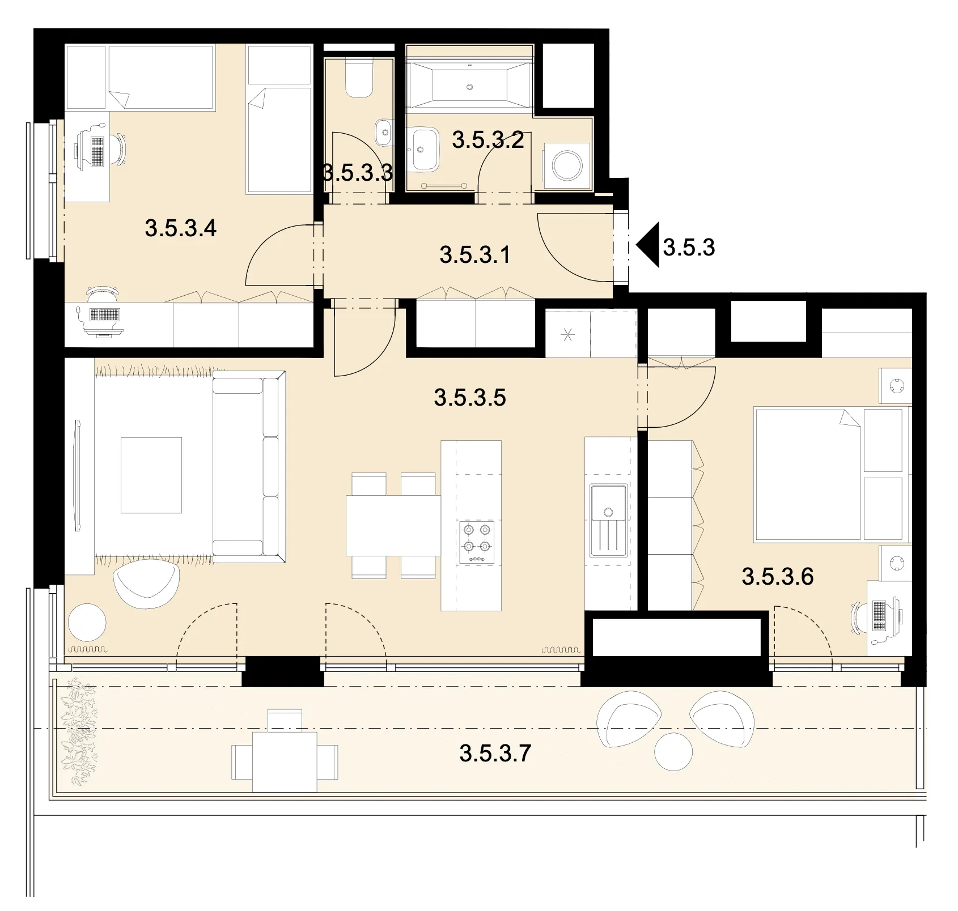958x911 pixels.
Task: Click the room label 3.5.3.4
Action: coord(181,228)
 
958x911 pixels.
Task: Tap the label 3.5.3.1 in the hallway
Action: coord(474,255)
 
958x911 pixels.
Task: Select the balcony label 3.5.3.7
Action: coord(495,754)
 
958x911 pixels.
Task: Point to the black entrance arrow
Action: coord(647,245)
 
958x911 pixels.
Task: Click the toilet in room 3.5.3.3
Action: coord(359,79)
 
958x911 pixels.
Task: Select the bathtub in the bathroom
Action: coord(470,86)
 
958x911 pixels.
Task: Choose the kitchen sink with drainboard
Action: coord(608,520)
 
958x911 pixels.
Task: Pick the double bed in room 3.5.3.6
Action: coord(829,474)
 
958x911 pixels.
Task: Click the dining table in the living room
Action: coord(393,526)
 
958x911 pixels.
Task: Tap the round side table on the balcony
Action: coord(673,752)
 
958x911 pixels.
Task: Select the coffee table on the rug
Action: coord(151,475)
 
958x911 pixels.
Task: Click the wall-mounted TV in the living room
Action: coord(78,475)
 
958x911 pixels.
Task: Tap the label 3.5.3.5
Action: coord(470,398)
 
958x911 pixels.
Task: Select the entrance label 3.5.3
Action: coord(689,248)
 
